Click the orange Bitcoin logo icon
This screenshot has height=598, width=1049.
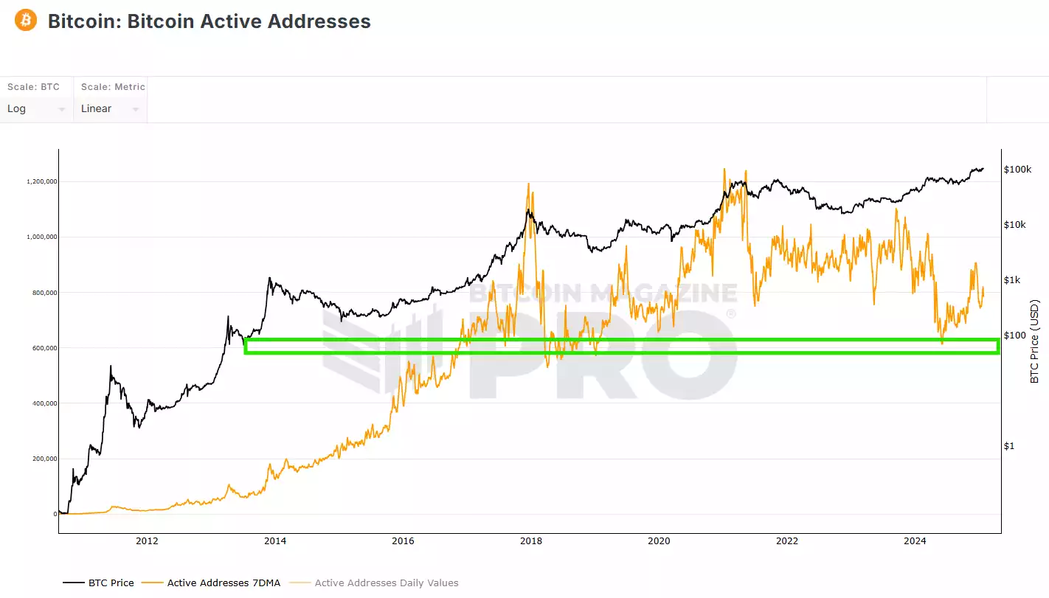click(x=25, y=20)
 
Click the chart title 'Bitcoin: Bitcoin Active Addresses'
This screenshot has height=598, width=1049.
click(x=209, y=21)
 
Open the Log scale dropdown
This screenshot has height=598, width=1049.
click(x=36, y=109)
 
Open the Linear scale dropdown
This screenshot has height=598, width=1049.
click(x=110, y=109)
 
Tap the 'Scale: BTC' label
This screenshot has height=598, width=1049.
click(x=33, y=87)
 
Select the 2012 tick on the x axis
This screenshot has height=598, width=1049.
click(x=147, y=541)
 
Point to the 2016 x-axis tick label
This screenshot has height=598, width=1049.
click(x=403, y=541)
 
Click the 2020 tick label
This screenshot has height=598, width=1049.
click(x=659, y=541)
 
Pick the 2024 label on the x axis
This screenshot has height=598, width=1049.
click(x=915, y=541)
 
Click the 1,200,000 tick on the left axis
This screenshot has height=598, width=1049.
click(x=41, y=181)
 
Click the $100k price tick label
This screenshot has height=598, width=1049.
click(x=1017, y=170)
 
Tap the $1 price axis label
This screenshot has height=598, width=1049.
click(x=1008, y=446)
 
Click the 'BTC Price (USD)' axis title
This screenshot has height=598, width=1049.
click(x=1034, y=341)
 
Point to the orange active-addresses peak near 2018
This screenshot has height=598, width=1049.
click(x=529, y=184)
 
